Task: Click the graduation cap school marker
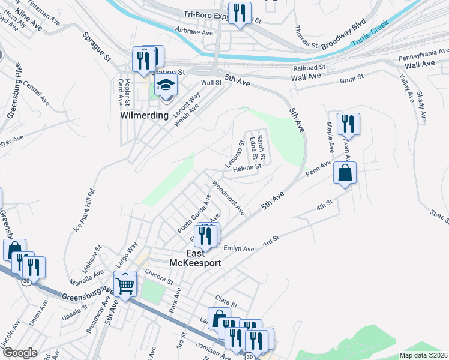point(166,86)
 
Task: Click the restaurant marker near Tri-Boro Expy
point(240,13)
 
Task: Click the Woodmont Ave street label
point(229,199)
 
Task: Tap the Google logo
point(19,353)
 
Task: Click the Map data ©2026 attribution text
point(423,355)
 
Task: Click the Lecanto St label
point(234,154)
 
